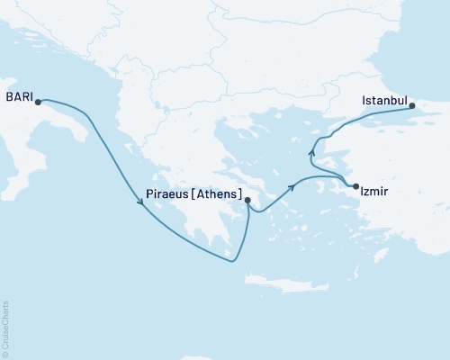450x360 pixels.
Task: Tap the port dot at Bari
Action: pos(38,102)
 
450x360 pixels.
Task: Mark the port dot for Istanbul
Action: pos(413,106)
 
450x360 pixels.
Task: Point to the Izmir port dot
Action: pos(357,186)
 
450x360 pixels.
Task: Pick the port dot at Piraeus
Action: pos(247,202)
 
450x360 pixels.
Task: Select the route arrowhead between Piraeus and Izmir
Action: pos(292,187)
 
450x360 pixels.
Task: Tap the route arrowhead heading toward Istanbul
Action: pos(312,149)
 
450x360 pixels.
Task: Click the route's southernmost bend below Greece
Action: pos(232,262)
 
